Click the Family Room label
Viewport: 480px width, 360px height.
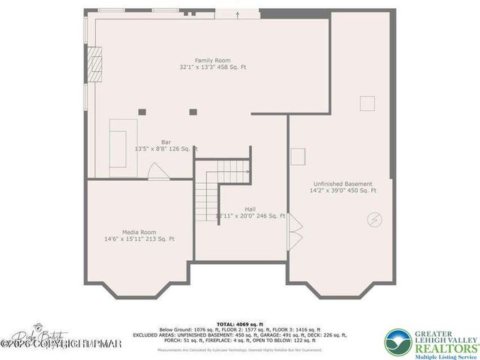point(212,60)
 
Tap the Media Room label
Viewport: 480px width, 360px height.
point(139,232)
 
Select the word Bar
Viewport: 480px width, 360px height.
point(166,141)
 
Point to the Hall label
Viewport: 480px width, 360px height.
point(250,209)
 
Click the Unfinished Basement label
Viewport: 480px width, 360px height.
point(343,184)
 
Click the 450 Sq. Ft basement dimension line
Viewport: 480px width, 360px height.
point(343,191)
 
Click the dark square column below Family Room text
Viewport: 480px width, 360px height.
point(193,112)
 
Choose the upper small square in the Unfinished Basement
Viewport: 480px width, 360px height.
point(367,103)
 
